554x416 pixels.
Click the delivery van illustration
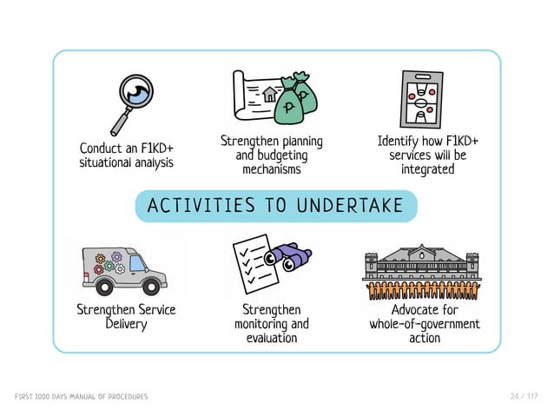tap(122, 268)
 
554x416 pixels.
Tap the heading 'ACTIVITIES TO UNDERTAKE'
tap(275, 206)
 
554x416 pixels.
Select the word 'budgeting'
tap(271, 155)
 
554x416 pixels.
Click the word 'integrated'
tap(427, 169)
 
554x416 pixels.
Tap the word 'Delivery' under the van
tap(126, 324)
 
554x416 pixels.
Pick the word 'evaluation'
tap(271, 338)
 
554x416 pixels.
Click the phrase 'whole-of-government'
tap(425, 324)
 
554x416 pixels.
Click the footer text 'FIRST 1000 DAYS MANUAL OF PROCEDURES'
tap(81, 397)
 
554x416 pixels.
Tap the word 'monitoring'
tap(271, 324)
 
